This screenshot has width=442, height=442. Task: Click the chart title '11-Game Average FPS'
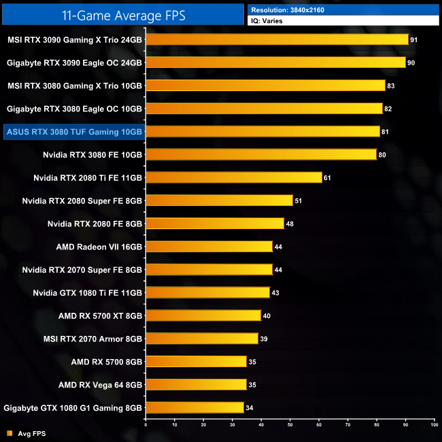click(122, 14)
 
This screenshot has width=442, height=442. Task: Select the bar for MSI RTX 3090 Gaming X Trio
click(277, 39)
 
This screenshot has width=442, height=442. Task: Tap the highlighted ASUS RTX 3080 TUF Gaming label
click(73, 131)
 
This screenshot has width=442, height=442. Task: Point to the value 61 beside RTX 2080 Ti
click(328, 177)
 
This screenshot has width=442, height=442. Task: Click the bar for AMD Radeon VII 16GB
click(209, 247)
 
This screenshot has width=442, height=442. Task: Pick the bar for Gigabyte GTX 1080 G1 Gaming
click(194, 408)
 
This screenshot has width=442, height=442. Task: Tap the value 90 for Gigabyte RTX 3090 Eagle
click(411, 63)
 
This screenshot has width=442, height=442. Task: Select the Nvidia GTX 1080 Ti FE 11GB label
click(88, 292)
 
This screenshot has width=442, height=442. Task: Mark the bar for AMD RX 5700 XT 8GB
click(203, 316)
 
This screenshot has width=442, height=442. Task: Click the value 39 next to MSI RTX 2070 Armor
click(264, 339)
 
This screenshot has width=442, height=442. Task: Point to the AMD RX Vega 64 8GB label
click(100, 385)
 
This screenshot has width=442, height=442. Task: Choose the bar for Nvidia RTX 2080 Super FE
click(219, 201)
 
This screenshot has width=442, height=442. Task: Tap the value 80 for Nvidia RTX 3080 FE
click(382, 154)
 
